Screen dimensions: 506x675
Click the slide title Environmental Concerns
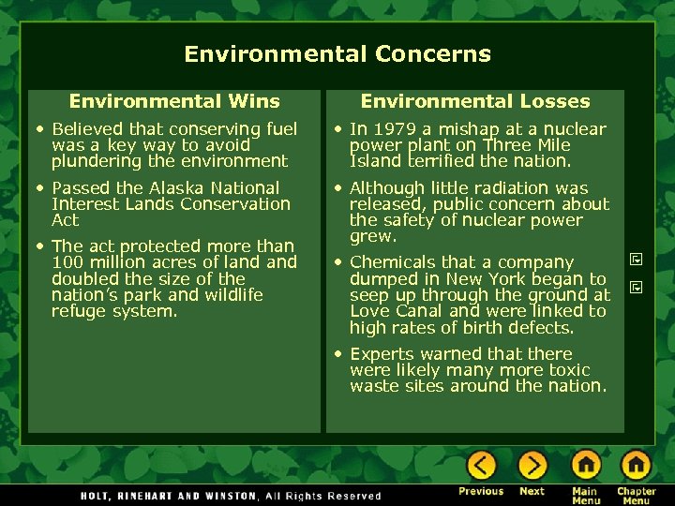[337, 53]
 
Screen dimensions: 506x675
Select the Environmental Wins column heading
[174, 101]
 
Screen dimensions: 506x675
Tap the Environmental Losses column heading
[475, 101]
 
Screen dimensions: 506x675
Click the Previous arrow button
[481, 466]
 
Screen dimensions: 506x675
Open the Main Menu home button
[586, 466]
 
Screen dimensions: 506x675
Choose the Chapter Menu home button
[636, 466]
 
